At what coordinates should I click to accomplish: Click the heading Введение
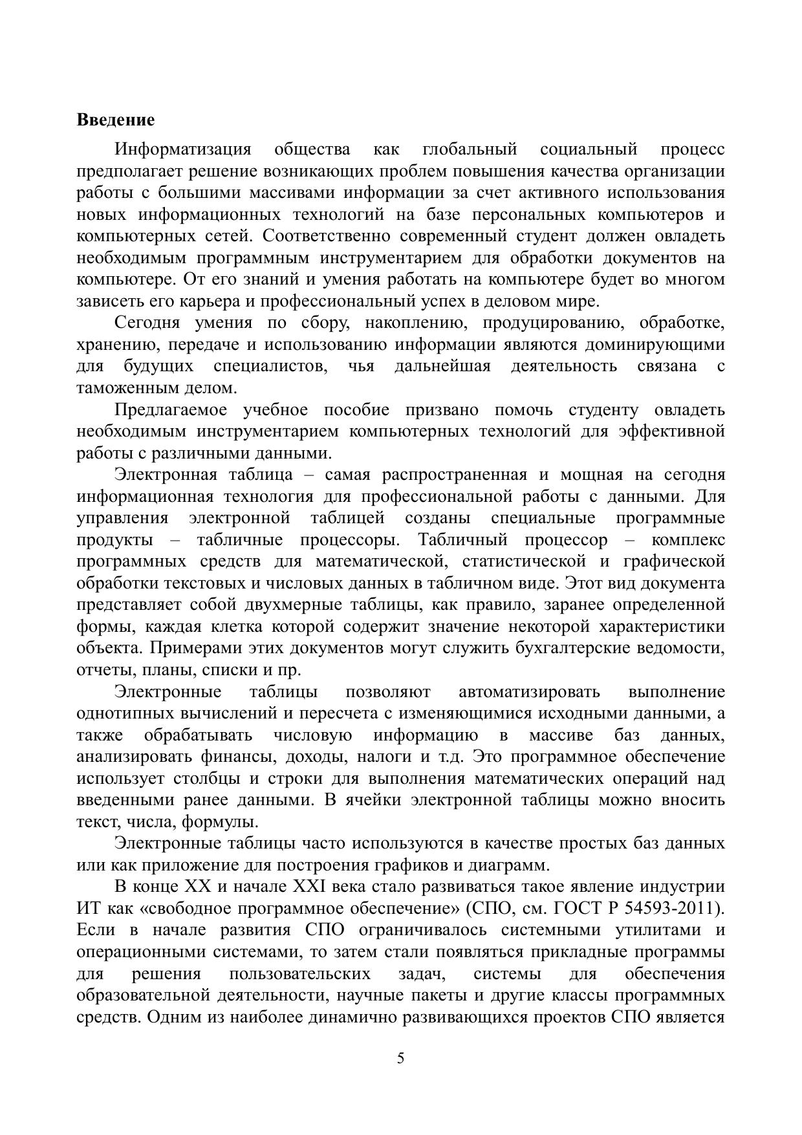(x=116, y=120)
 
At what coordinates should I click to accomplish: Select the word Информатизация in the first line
(x=182, y=149)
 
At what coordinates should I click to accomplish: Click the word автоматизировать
(x=529, y=692)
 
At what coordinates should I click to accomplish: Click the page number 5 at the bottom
(x=401, y=1059)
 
